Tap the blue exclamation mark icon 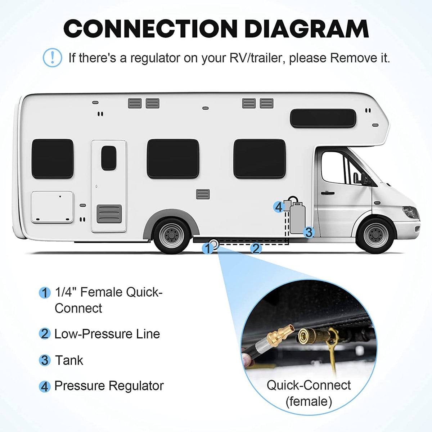tap(52, 58)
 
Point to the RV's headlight tap(410, 212)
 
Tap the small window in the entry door tap(108, 158)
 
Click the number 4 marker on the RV tap(278, 207)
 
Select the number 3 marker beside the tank tap(309, 232)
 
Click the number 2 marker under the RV tap(256, 248)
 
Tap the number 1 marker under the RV tap(207, 248)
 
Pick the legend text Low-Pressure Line tap(107, 334)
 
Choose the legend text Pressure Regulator tap(109, 386)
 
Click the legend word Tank tap(69, 360)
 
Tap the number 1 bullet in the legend tap(44, 293)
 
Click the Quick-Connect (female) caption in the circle tap(309, 393)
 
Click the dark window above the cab tap(323, 118)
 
